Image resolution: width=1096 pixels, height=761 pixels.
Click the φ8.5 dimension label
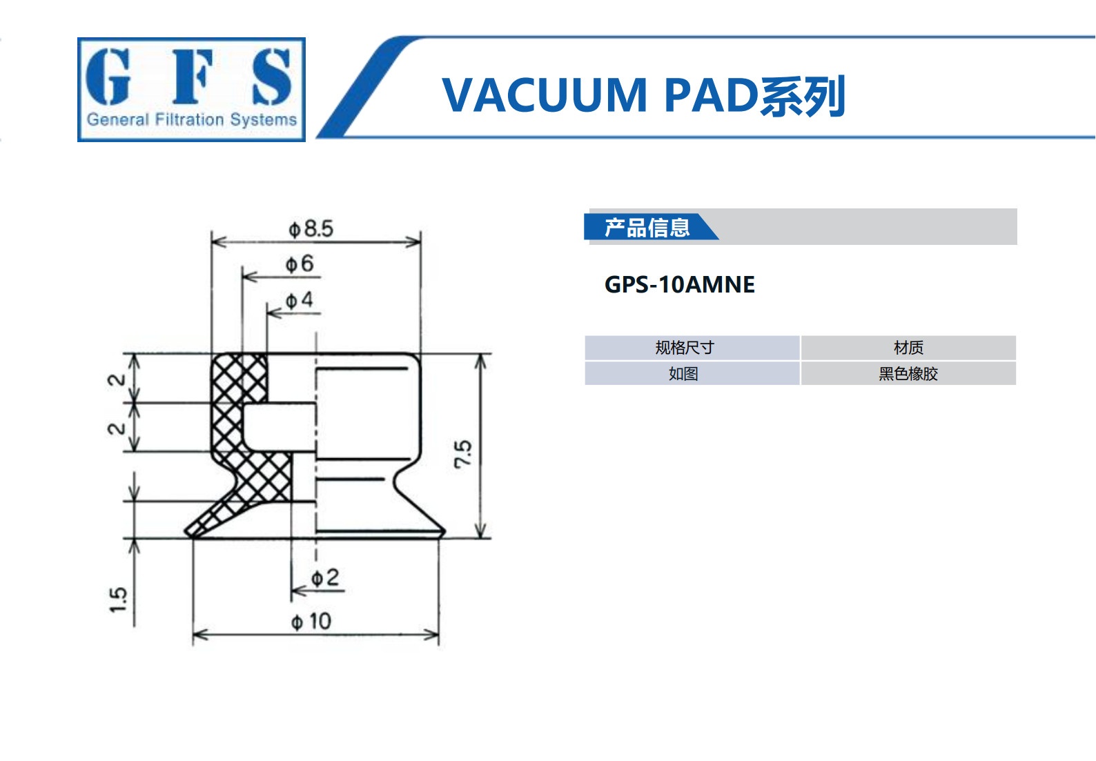click(x=311, y=229)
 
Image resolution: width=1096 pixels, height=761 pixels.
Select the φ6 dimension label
click(x=300, y=264)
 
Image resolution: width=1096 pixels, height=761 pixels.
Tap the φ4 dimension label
click(x=299, y=300)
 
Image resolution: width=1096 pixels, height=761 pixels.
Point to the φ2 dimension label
click(x=325, y=577)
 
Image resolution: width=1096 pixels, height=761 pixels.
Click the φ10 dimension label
click(x=311, y=622)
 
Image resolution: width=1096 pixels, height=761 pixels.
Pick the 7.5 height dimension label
click(x=463, y=455)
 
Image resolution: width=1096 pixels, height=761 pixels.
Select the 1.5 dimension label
click(x=118, y=600)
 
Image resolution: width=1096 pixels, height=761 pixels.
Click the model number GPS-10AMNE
click(x=680, y=285)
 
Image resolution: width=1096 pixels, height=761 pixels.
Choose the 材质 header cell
click(x=908, y=348)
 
